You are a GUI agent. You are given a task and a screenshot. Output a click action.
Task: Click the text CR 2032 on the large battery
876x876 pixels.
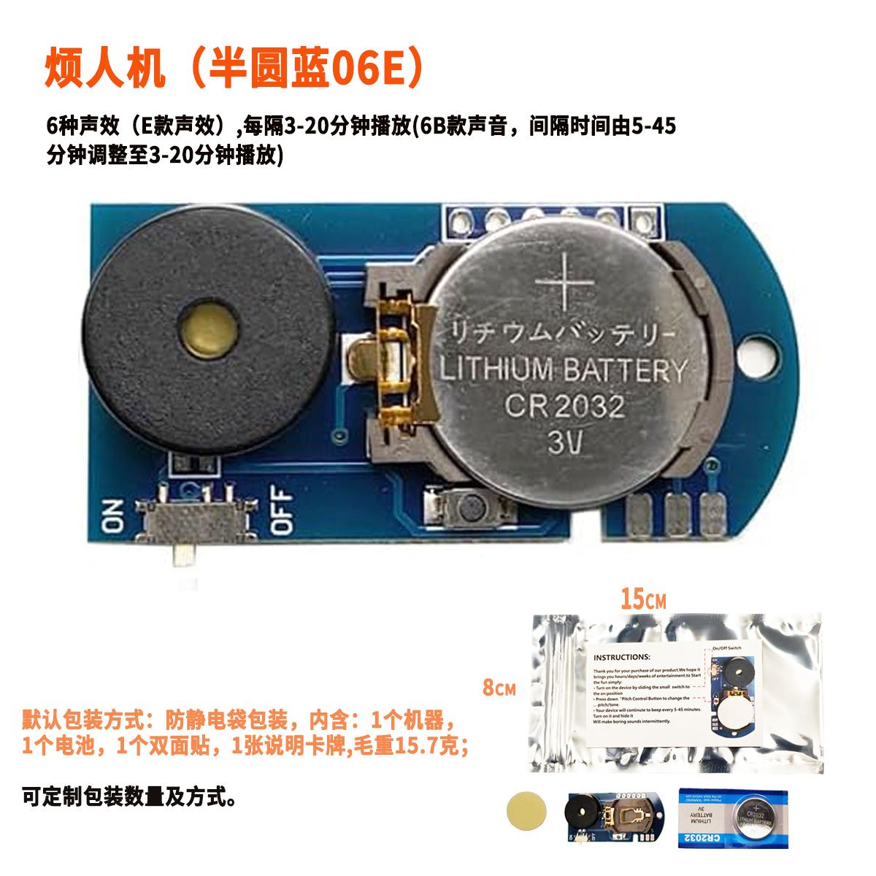click(565, 406)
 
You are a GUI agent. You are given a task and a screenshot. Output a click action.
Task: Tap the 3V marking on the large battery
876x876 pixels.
click(565, 440)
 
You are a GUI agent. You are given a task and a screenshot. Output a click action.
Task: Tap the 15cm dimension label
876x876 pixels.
click(643, 599)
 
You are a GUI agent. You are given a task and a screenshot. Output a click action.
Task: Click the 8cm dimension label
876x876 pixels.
click(499, 688)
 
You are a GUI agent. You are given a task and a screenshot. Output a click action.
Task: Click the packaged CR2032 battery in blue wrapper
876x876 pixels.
click(734, 817)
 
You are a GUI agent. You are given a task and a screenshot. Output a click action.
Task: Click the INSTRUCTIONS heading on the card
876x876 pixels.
click(621, 657)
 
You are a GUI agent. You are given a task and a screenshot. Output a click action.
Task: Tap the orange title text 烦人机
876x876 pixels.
click(106, 69)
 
